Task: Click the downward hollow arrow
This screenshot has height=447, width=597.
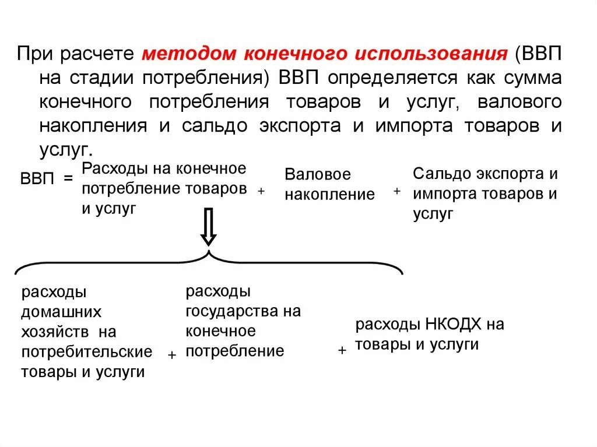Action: pyautogui.click(x=208, y=227)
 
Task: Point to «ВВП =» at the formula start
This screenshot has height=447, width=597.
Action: pyautogui.click(x=47, y=178)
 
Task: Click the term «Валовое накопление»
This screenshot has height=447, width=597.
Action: pyautogui.click(x=329, y=184)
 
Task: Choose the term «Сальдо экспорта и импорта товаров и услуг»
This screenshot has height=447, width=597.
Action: pyautogui.click(x=485, y=193)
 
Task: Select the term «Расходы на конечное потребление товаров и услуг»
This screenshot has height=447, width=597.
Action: pyautogui.click(x=164, y=188)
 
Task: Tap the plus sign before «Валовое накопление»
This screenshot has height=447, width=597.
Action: pyautogui.click(x=261, y=191)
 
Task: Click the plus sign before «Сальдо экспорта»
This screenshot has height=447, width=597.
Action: pyautogui.click(x=396, y=191)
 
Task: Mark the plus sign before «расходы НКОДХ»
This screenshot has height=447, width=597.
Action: pyautogui.click(x=342, y=350)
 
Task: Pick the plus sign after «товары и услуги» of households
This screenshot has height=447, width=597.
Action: pyautogui.click(x=172, y=355)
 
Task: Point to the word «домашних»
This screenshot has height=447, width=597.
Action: pyautogui.click(x=61, y=312)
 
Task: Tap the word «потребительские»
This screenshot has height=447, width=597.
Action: pyautogui.click(x=86, y=351)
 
